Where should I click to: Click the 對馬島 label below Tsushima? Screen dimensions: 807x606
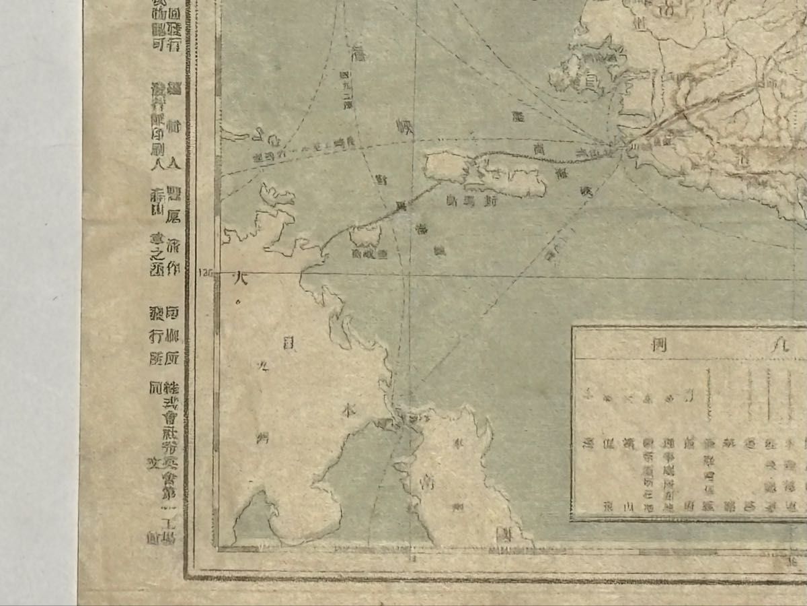coord(465,200)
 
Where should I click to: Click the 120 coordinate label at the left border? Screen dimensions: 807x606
coord(205,273)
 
